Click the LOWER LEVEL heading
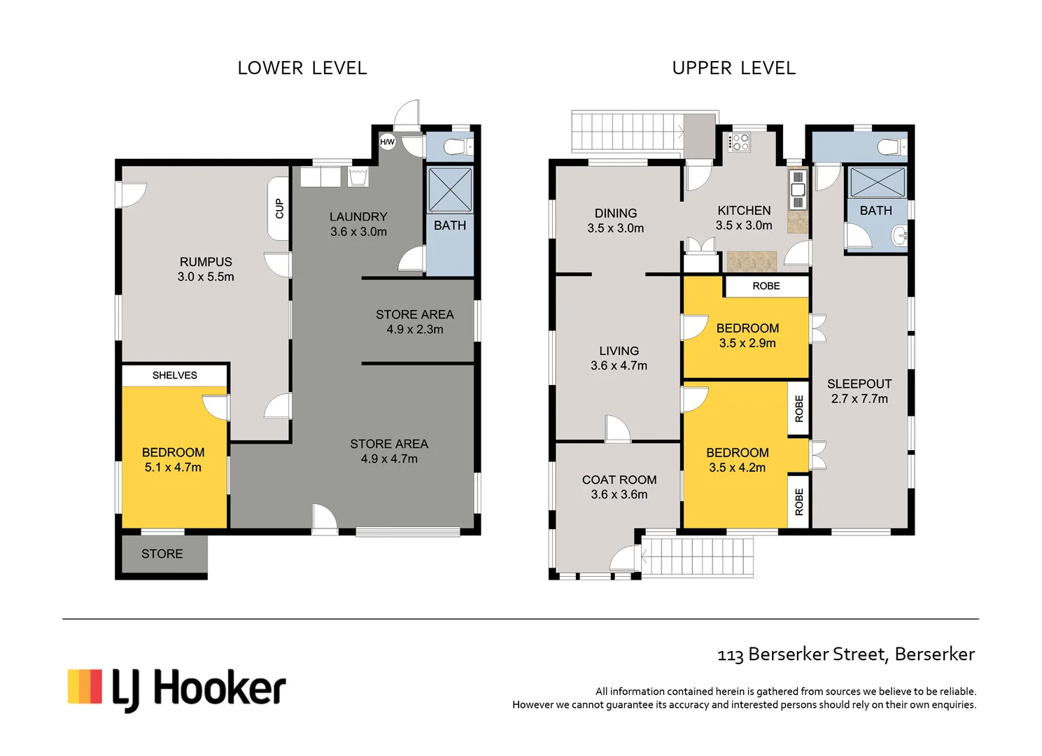click(x=302, y=68)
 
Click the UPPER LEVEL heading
click(x=733, y=68)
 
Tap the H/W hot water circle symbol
click(x=387, y=142)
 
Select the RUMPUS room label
click(x=206, y=262)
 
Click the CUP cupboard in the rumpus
click(x=279, y=209)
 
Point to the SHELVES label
click(x=175, y=375)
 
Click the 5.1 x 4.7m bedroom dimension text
click(x=173, y=468)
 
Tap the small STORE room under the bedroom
click(x=162, y=554)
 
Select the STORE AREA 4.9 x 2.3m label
click(x=415, y=321)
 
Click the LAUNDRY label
click(x=358, y=217)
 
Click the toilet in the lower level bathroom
click(x=457, y=147)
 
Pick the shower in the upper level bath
click(x=878, y=182)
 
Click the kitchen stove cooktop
click(x=740, y=143)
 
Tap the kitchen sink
click(x=798, y=190)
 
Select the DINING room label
click(x=616, y=213)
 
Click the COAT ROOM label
click(x=619, y=479)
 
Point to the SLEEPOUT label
click(x=859, y=384)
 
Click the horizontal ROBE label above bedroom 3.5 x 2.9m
click(x=766, y=286)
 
